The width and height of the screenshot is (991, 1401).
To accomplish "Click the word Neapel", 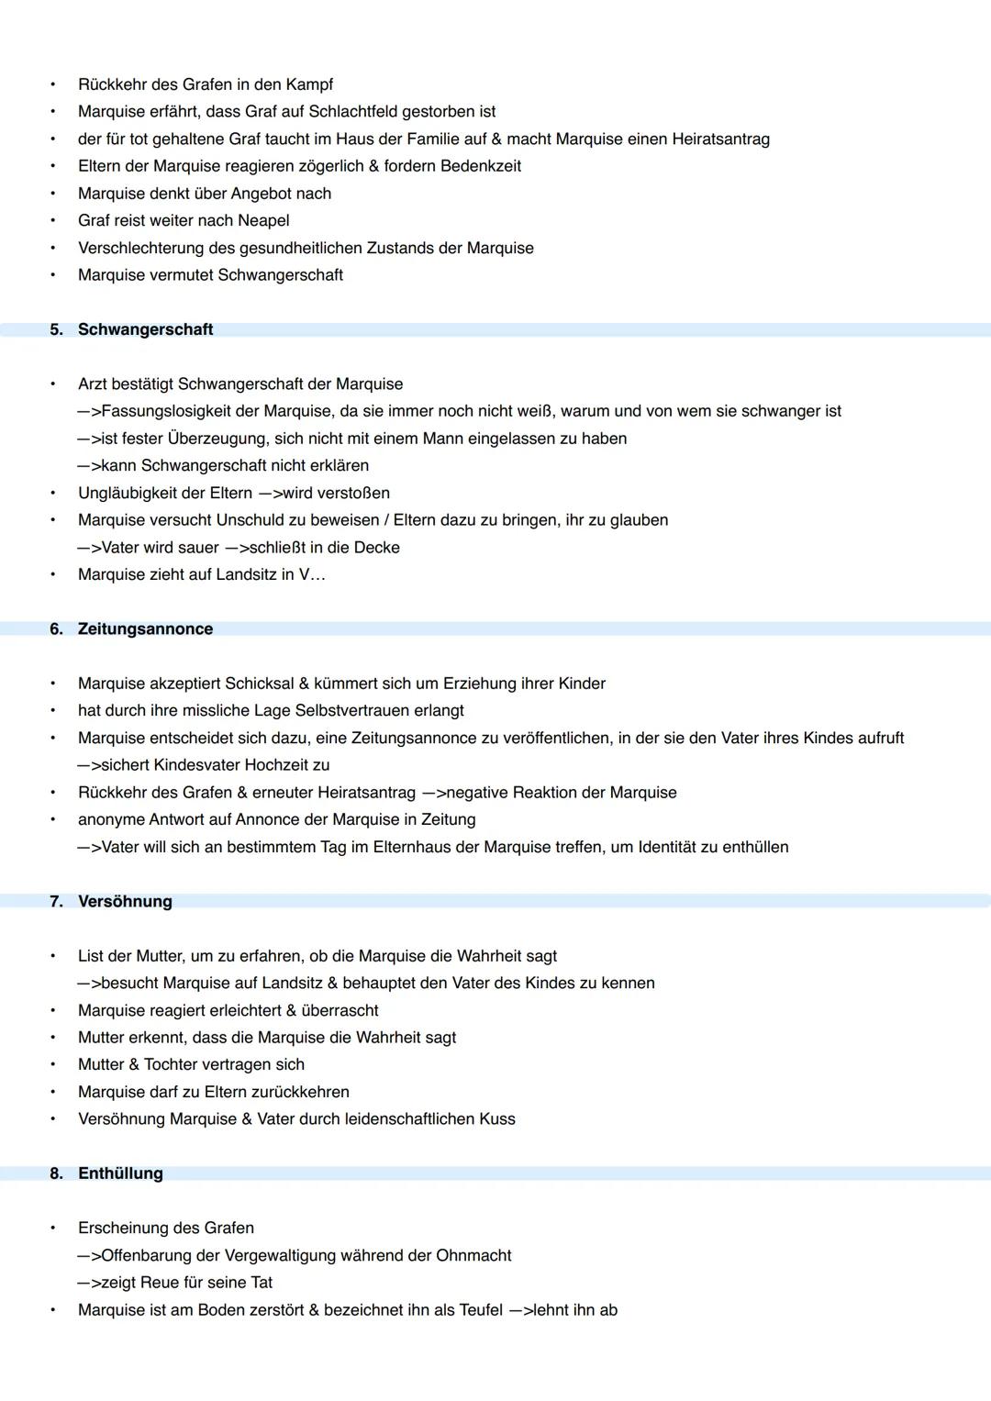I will pyautogui.click(x=263, y=221).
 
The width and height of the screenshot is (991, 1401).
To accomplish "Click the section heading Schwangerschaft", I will pyautogui.click(x=145, y=329).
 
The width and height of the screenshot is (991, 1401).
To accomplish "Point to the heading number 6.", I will pyautogui.click(x=56, y=629).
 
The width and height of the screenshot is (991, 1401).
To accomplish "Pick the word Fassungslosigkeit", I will pyautogui.click(x=175, y=411).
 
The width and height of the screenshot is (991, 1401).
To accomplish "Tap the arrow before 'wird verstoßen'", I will pyautogui.click(x=271, y=494).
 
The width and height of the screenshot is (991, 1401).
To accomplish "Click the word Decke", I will pyautogui.click(x=377, y=548).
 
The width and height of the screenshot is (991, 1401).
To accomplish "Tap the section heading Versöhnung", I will pyautogui.click(x=125, y=902).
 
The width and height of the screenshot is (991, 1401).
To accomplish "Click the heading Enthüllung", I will pyautogui.click(x=120, y=1173).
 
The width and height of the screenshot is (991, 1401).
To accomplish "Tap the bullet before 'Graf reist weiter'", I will pyautogui.click(x=53, y=221).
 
